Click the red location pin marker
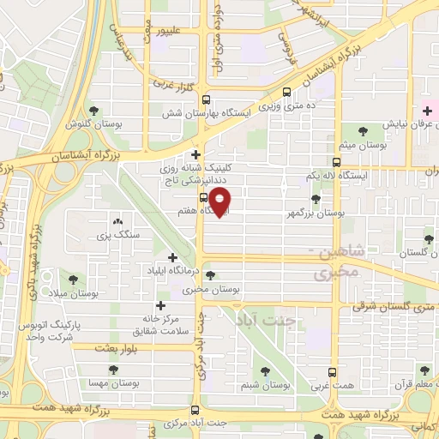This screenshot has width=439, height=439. click(x=221, y=202)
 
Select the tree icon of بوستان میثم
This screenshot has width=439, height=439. click(x=363, y=131)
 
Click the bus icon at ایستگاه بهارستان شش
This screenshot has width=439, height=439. click(x=204, y=98)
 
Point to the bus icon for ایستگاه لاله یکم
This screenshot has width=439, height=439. click(x=336, y=161)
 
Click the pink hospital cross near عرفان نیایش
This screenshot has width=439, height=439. click(x=426, y=111)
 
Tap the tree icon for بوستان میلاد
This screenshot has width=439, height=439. click(x=72, y=280)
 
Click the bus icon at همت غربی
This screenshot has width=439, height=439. click(x=334, y=373)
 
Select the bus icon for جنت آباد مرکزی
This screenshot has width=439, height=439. click(x=195, y=409)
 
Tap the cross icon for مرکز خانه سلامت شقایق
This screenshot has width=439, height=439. click(x=159, y=305)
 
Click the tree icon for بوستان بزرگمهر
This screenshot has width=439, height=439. click(x=316, y=199)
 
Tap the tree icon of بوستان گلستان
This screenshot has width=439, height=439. click(x=428, y=238)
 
